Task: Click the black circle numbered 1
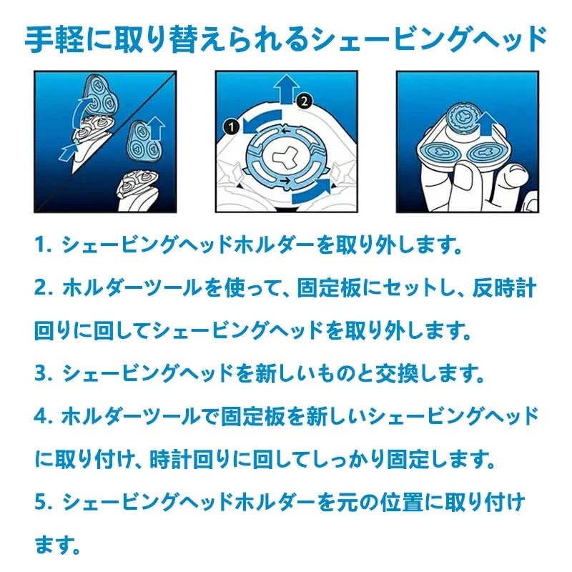coord(232,127)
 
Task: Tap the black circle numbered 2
coord(305,101)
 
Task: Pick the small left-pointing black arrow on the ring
coord(285,132)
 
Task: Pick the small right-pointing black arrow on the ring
coord(286,180)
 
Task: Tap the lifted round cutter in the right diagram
coord(463,117)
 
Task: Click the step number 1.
coord(40,245)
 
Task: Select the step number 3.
coord(40,373)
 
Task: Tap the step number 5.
coord(40,502)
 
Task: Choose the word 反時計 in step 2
coord(504,288)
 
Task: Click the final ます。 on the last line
coord(57,545)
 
